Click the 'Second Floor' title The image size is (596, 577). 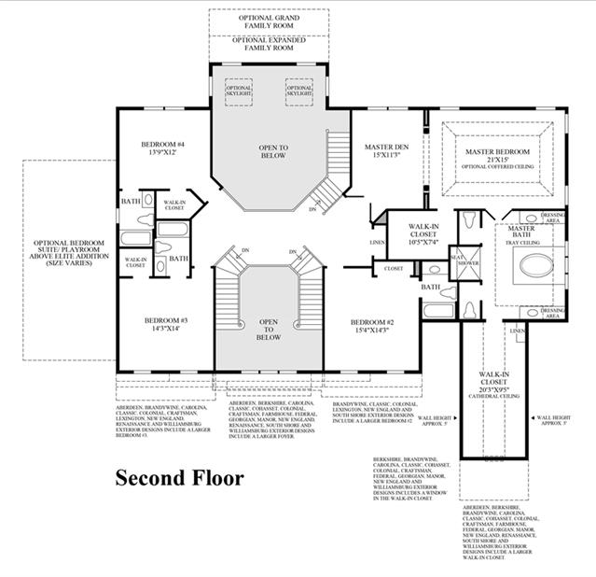coord(179,478)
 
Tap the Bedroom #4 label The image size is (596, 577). coord(163,148)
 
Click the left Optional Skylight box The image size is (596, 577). coord(239,91)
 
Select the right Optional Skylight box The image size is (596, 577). coord(298,91)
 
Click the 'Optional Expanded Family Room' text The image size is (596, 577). coord(269,43)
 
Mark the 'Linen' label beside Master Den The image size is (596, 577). coord(377,243)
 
